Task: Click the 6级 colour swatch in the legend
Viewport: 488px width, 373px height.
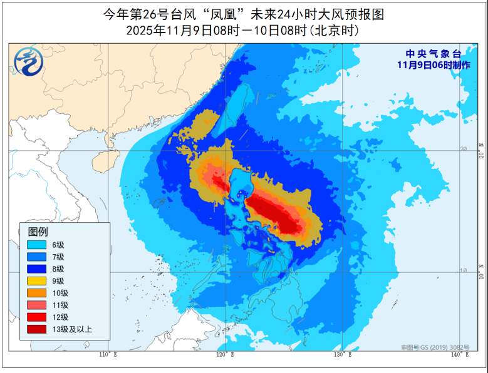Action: (x=36, y=245)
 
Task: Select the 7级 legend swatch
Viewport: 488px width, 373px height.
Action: (x=36, y=257)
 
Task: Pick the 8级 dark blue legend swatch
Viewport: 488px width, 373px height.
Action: (x=36, y=268)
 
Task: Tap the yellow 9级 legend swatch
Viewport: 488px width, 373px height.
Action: (x=36, y=281)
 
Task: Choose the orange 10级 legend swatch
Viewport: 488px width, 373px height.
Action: (x=36, y=293)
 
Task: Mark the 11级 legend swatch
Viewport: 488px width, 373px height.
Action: (x=36, y=305)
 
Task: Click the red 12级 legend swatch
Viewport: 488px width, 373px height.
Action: (x=36, y=317)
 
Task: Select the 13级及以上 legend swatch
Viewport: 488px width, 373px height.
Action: (x=36, y=329)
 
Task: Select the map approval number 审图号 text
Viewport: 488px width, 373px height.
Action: (x=435, y=347)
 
